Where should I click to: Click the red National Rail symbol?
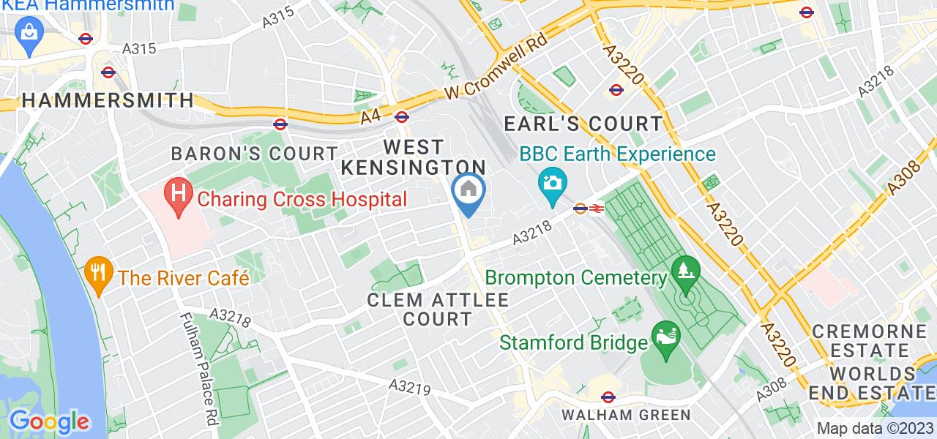[596, 209]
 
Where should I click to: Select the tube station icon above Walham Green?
[607, 397]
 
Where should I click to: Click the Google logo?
[49, 421]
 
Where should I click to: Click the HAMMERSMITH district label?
[108, 100]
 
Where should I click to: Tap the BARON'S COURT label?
[253, 154]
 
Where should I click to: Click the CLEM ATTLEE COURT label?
[438, 309]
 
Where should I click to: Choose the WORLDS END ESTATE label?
[870, 383]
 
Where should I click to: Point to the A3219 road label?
[409, 386]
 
